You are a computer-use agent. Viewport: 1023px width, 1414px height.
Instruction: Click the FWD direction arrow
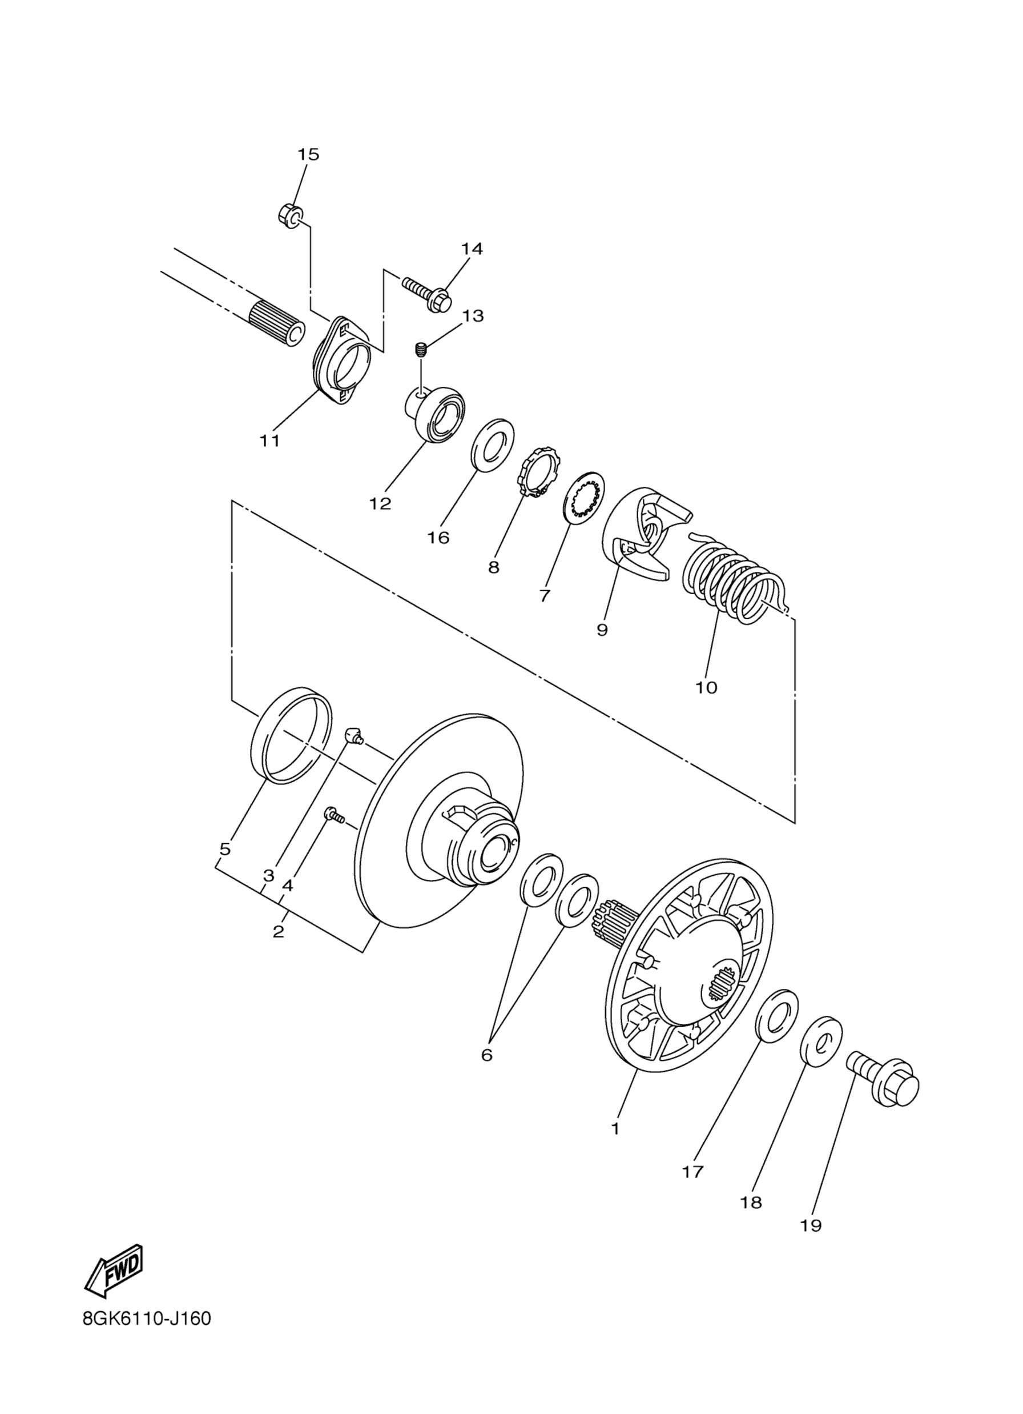point(115,1268)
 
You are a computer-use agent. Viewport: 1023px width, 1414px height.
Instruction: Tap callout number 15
point(308,154)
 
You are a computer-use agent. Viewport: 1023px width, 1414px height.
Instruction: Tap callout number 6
point(486,1054)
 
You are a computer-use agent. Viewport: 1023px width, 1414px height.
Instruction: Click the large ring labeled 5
point(291,734)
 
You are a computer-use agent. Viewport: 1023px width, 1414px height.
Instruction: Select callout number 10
point(707,687)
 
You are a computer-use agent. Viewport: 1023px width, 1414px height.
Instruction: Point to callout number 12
point(380,503)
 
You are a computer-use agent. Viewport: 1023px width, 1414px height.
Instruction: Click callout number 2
point(279,950)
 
